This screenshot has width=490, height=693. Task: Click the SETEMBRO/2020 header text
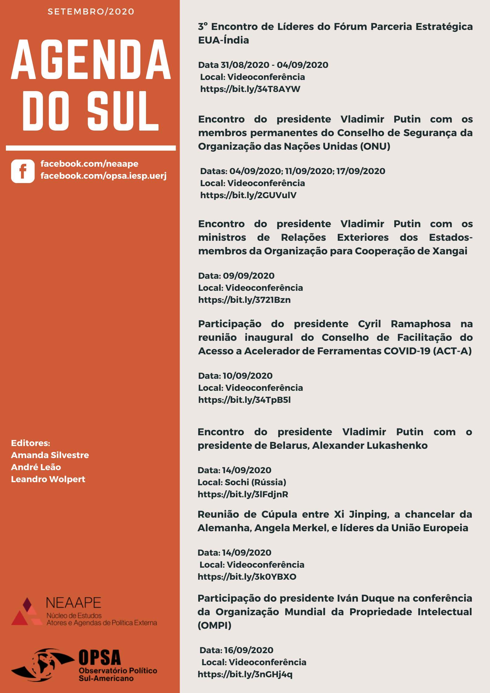(x=91, y=12)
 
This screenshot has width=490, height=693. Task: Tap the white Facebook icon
(x=23, y=171)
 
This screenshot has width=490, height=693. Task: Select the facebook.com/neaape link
(x=89, y=164)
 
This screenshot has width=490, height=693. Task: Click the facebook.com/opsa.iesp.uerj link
(x=103, y=176)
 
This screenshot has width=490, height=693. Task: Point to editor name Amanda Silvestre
(x=50, y=455)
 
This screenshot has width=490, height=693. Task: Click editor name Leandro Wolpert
(x=48, y=479)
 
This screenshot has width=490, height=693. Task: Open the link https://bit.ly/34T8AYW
(x=250, y=89)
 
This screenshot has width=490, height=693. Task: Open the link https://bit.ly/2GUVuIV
(x=248, y=195)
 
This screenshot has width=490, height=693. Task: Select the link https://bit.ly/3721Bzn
(x=244, y=300)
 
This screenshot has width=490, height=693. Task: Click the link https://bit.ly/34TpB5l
(x=244, y=400)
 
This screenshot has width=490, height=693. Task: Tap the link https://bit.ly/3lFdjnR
(x=243, y=494)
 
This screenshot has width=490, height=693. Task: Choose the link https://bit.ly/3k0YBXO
(x=247, y=577)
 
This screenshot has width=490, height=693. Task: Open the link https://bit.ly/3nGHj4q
(x=245, y=674)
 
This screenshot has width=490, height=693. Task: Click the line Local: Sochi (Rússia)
(x=242, y=482)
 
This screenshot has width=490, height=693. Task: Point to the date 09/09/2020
(x=249, y=276)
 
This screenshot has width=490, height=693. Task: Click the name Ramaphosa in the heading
(x=421, y=324)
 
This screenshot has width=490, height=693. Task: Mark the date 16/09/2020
(x=249, y=650)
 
